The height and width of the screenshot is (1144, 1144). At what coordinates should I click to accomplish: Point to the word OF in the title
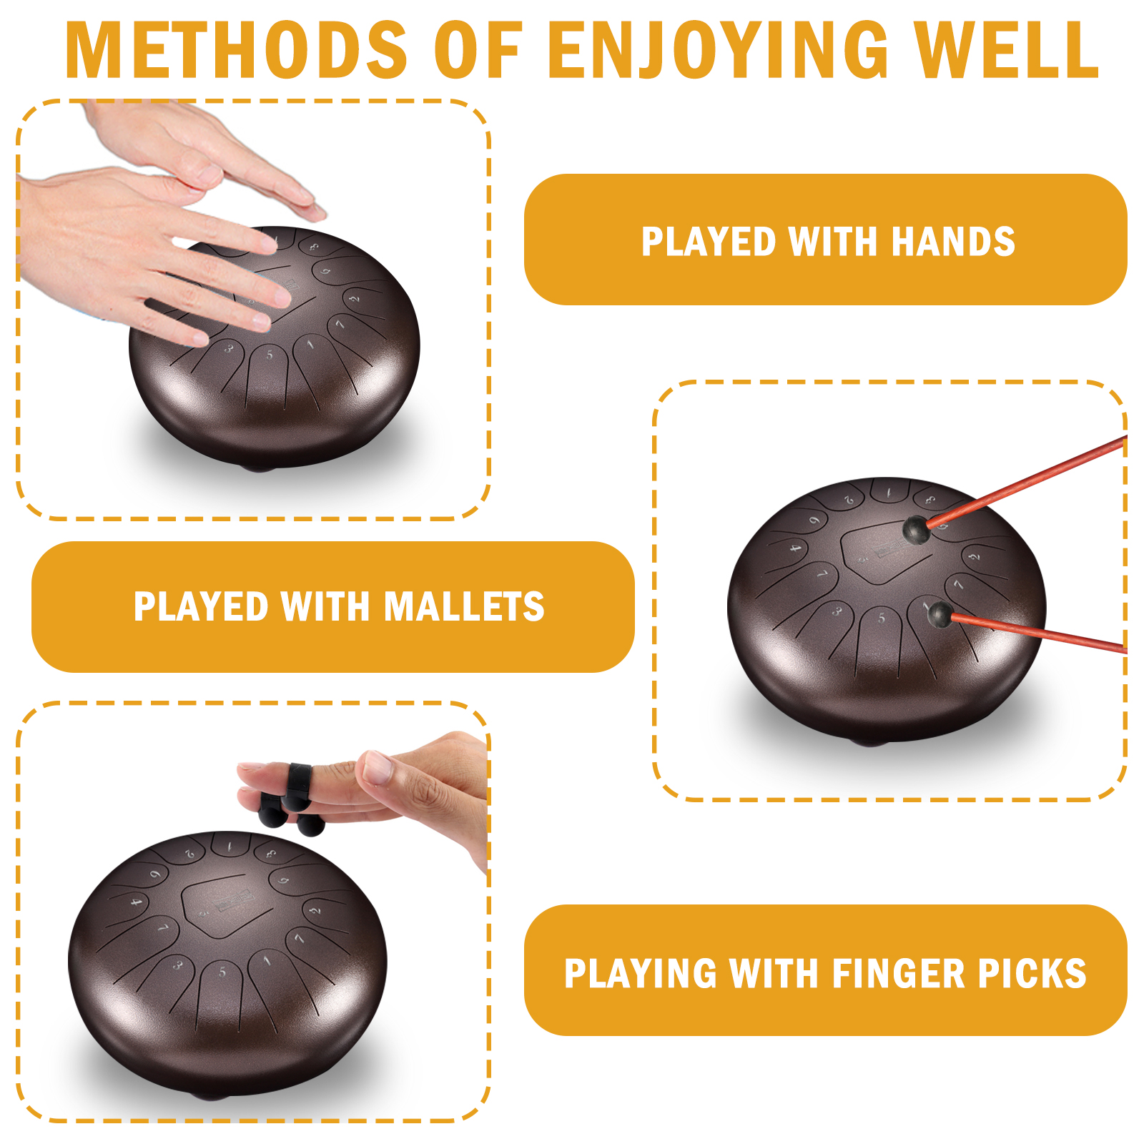[478, 49]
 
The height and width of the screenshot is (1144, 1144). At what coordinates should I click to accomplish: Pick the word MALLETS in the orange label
[464, 606]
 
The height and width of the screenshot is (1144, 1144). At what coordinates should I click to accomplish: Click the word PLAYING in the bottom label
[640, 973]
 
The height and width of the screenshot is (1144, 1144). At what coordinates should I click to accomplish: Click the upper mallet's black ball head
[916, 530]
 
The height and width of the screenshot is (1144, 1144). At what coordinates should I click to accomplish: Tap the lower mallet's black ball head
[939, 614]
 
